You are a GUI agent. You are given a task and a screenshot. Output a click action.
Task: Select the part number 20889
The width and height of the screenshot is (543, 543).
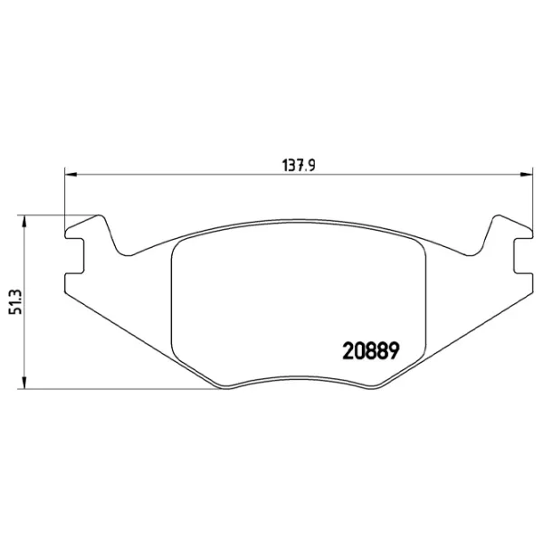372,349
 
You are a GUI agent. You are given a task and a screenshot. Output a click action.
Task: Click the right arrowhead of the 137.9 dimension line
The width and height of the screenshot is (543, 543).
527,174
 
